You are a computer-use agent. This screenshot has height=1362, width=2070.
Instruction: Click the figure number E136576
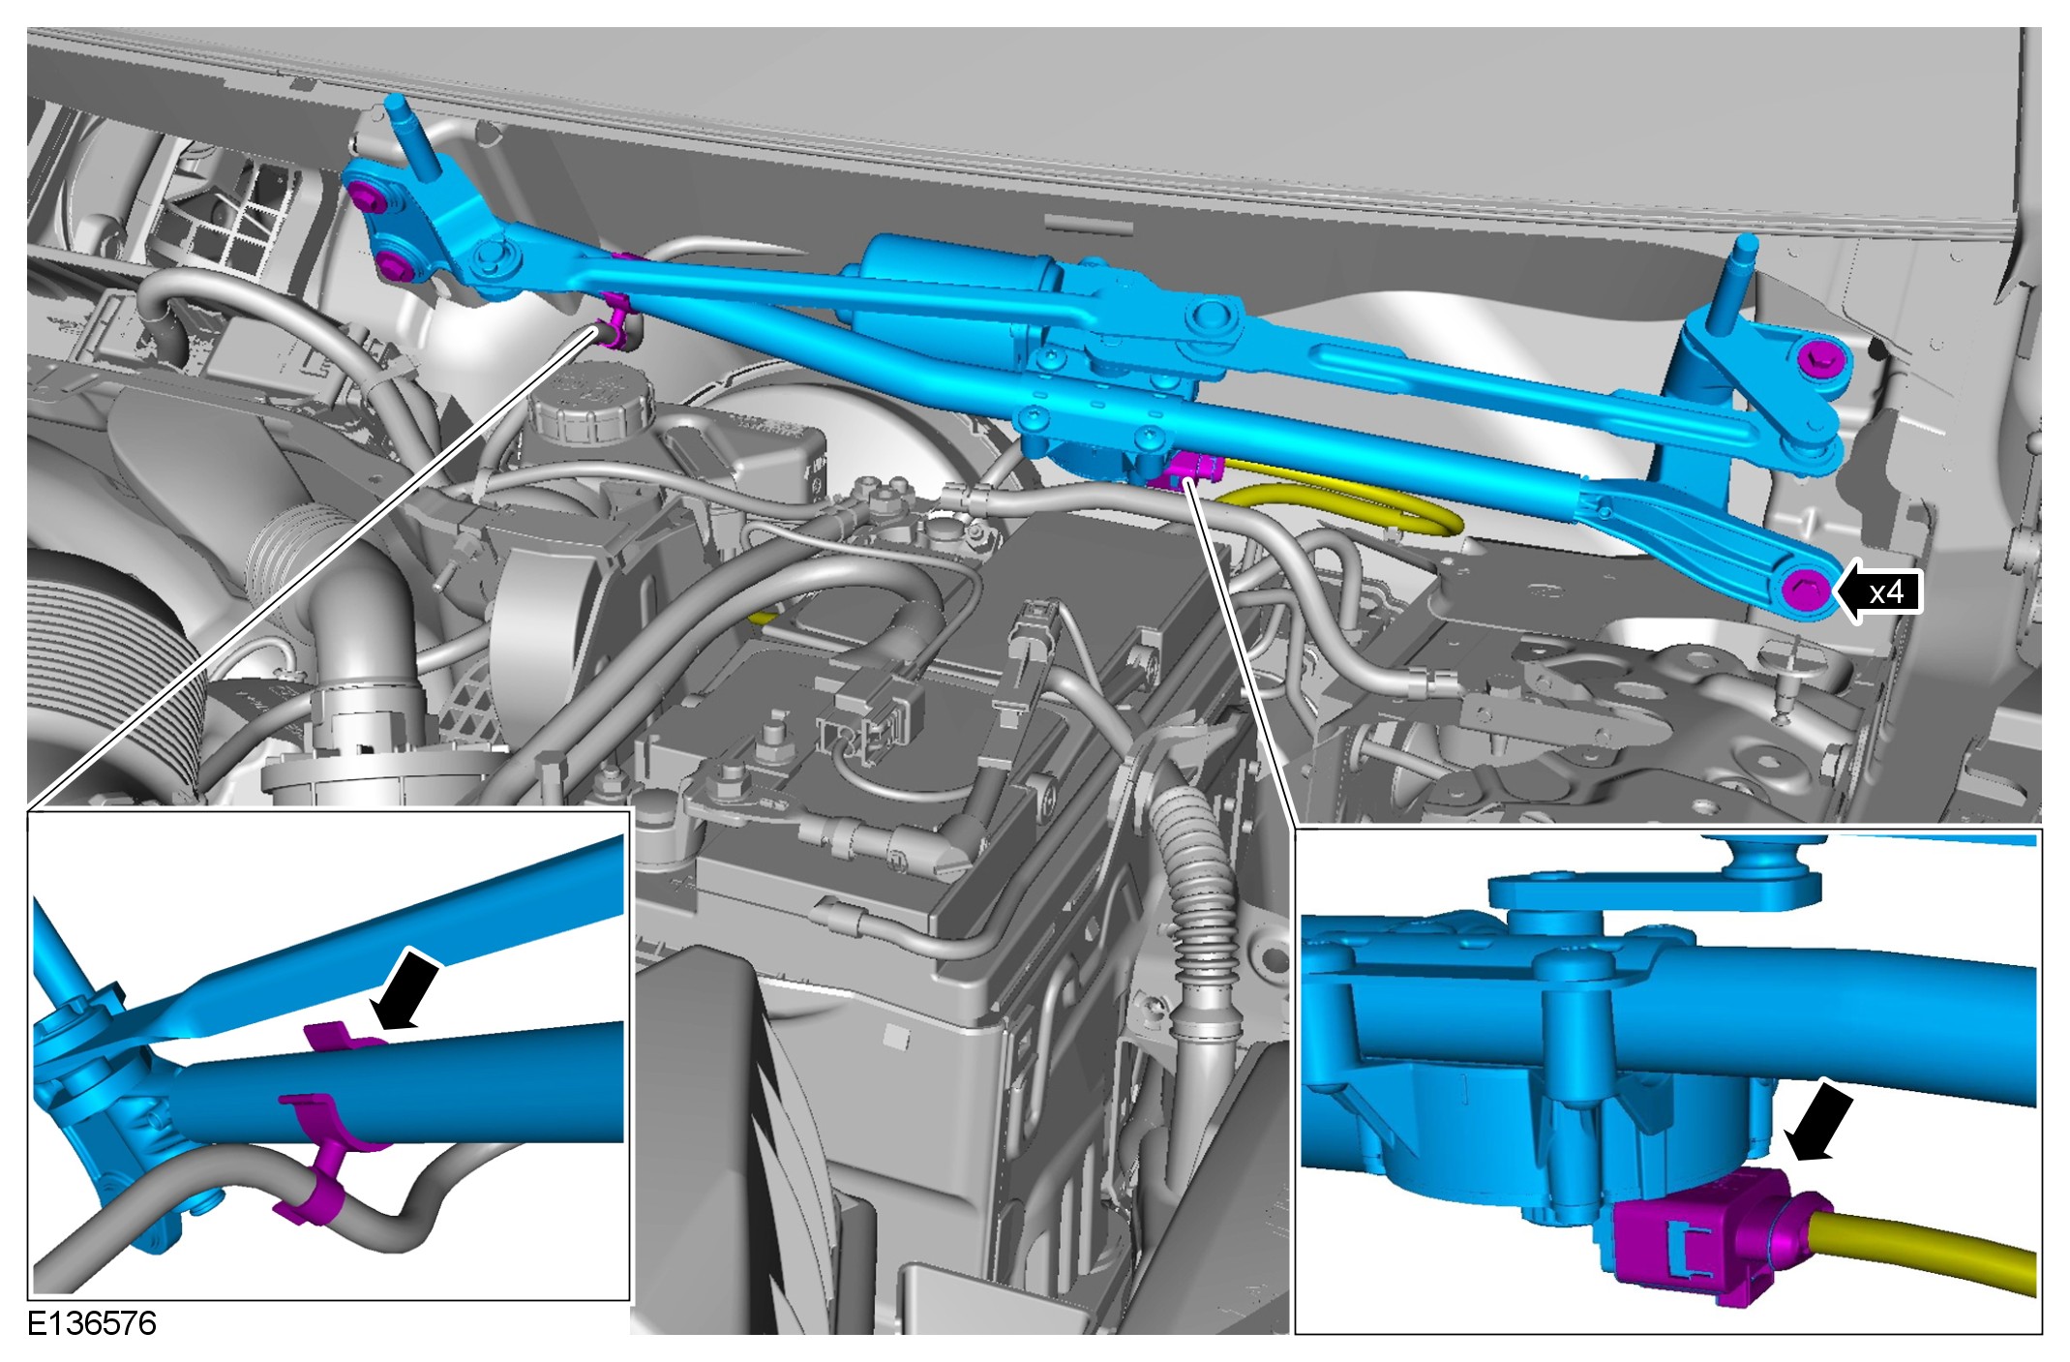91,1323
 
